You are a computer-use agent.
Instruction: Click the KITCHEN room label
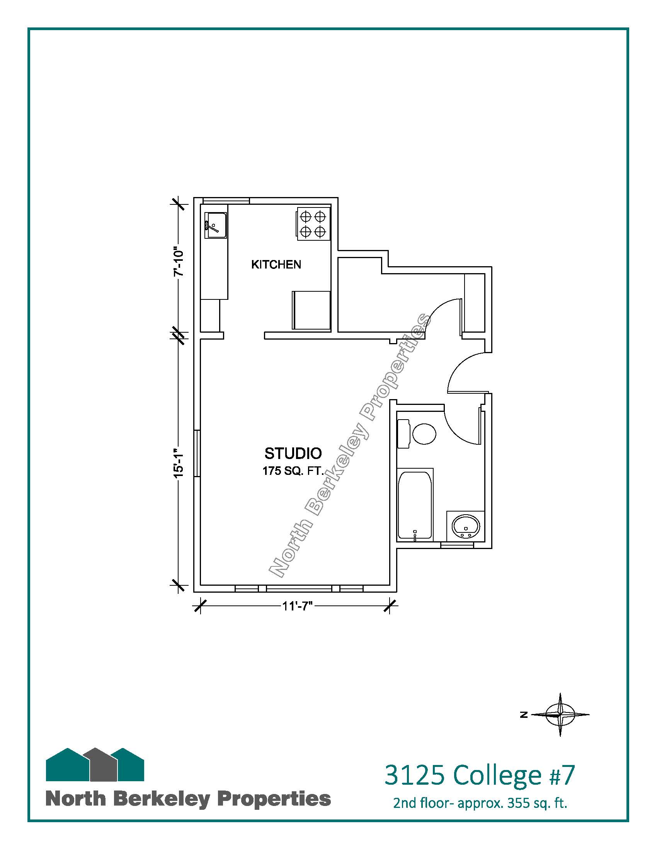pos(276,265)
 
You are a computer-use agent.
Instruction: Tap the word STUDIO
pos(293,453)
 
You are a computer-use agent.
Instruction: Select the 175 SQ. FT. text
pos(293,471)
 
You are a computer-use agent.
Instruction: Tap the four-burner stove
pos(313,224)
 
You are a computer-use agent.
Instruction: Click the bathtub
pos(415,505)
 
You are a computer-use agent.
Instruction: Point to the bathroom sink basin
pos(466,526)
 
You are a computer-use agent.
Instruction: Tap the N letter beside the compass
pos(524,714)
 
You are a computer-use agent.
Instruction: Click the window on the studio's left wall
pos(197,453)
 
